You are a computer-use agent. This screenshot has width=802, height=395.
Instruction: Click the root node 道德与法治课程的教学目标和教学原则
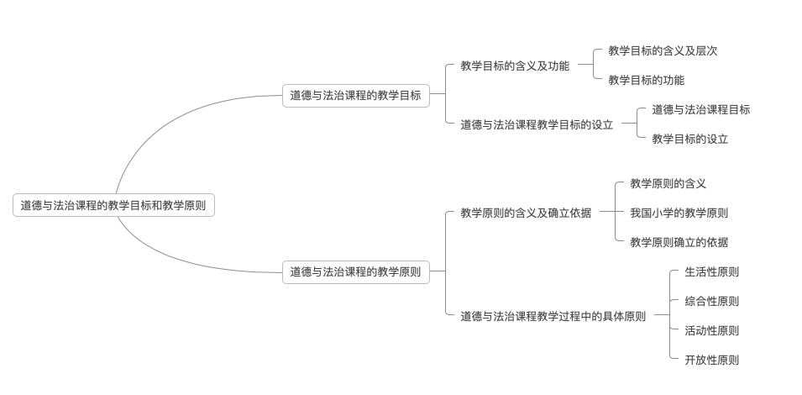click(x=113, y=205)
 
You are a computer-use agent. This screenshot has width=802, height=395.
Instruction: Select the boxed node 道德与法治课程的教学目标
click(x=355, y=96)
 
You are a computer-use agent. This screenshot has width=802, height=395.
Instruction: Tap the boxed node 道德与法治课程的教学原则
click(x=355, y=271)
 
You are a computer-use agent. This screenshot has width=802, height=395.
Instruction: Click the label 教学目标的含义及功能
click(x=514, y=66)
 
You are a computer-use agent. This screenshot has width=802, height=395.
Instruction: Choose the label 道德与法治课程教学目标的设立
click(x=537, y=124)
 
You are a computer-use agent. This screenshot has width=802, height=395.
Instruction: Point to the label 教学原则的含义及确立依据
click(x=526, y=213)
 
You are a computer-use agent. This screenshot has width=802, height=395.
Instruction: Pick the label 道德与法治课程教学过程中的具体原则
click(x=553, y=316)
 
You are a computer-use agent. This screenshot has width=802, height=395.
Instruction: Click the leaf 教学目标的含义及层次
click(x=663, y=50)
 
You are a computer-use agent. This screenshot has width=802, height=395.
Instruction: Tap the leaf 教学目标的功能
click(x=646, y=81)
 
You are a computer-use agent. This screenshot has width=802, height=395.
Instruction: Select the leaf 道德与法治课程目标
click(x=700, y=109)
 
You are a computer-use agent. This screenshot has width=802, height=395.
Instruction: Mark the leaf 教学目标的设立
click(x=689, y=140)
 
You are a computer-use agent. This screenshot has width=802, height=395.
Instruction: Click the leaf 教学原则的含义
click(x=668, y=183)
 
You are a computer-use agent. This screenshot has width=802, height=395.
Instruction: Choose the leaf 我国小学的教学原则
click(x=679, y=213)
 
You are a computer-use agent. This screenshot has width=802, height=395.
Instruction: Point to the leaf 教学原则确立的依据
click(x=679, y=243)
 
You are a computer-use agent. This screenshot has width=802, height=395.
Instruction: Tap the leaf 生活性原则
click(x=711, y=271)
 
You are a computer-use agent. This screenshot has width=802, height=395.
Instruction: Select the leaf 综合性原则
click(x=711, y=301)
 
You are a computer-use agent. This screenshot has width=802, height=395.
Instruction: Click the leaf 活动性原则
click(x=711, y=330)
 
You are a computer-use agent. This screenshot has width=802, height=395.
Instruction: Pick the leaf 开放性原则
click(x=711, y=360)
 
